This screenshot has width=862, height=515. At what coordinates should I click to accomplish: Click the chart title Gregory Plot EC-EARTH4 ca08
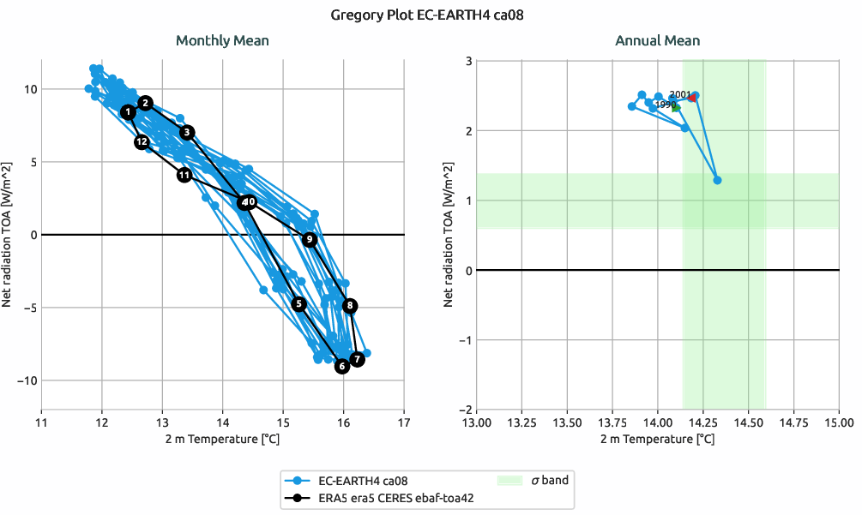[x=431, y=15]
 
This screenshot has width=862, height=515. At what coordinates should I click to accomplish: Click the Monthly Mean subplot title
[x=222, y=40]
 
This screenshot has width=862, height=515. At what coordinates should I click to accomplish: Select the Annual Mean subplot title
[x=657, y=40]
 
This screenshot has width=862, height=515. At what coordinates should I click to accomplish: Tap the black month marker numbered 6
[x=342, y=367]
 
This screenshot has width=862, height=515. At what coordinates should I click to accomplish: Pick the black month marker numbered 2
[x=146, y=103]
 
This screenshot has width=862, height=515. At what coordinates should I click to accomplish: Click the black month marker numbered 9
[x=310, y=239]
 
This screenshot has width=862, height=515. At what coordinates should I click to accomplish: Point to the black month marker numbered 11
[x=184, y=175]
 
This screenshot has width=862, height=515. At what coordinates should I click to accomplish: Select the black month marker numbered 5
[x=298, y=303]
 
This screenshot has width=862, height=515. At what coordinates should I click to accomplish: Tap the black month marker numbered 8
[x=349, y=306]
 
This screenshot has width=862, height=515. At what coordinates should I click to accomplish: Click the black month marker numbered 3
[x=188, y=132]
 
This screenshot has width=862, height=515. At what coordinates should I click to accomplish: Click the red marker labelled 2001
[x=693, y=98]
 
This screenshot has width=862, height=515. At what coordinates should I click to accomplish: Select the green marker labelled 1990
[x=676, y=108]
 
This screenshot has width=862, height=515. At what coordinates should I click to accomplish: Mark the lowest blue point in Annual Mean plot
[x=717, y=180]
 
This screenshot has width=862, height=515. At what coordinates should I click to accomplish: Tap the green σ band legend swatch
[x=510, y=481]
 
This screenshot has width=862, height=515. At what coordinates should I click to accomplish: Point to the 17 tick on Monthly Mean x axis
[x=404, y=422]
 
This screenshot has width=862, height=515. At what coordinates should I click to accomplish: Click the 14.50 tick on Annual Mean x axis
[x=748, y=422]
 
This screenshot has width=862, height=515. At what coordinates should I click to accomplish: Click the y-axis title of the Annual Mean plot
[x=448, y=235]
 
